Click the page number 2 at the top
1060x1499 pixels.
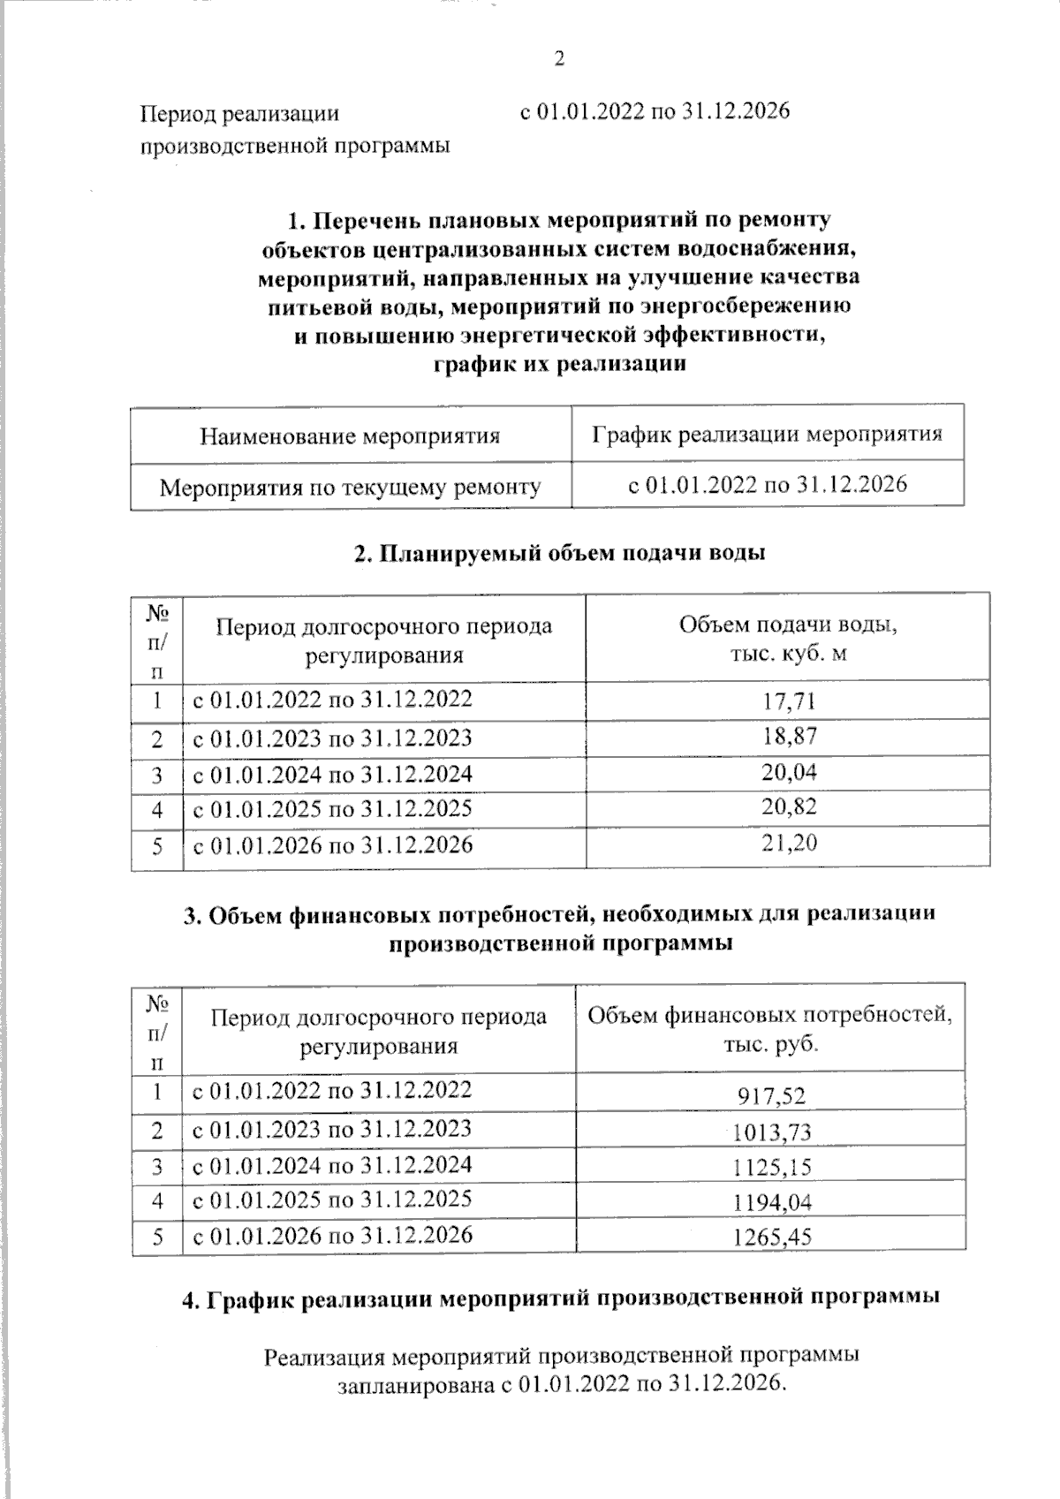557,60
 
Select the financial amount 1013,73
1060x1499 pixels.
771,1132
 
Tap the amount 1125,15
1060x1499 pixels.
771,1168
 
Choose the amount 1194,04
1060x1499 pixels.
771,1202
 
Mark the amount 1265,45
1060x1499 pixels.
771,1238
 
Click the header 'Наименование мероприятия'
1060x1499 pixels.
350,435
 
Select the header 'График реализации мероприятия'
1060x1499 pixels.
766,434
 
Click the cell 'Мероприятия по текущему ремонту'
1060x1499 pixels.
350,487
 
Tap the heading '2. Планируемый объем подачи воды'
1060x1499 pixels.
559,553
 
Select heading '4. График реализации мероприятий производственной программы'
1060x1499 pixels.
559,1298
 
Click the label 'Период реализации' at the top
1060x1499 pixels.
240,113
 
